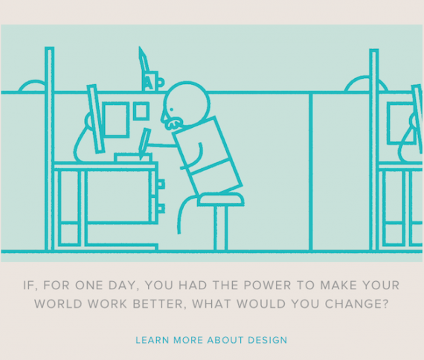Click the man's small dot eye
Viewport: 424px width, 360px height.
pos(171,109)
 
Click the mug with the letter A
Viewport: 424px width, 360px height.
pos(152,81)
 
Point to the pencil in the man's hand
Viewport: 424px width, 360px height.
pos(144,144)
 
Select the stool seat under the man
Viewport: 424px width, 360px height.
pos(221,199)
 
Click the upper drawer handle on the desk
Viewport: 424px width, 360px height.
pos(161,184)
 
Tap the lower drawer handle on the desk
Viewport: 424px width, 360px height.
pos(161,208)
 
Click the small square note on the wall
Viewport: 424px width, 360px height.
pos(141,111)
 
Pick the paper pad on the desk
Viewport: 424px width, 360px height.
pos(133,158)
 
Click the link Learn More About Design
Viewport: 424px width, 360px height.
pos(211,340)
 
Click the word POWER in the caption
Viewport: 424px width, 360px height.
pos(267,286)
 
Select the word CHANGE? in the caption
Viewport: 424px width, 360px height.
pos(356,303)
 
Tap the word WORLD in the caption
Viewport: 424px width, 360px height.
pos(58,303)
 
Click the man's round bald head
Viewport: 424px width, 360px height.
pos(187,104)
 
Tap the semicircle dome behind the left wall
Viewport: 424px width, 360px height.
pos(32,86)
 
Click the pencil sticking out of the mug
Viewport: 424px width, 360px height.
pos(144,61)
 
